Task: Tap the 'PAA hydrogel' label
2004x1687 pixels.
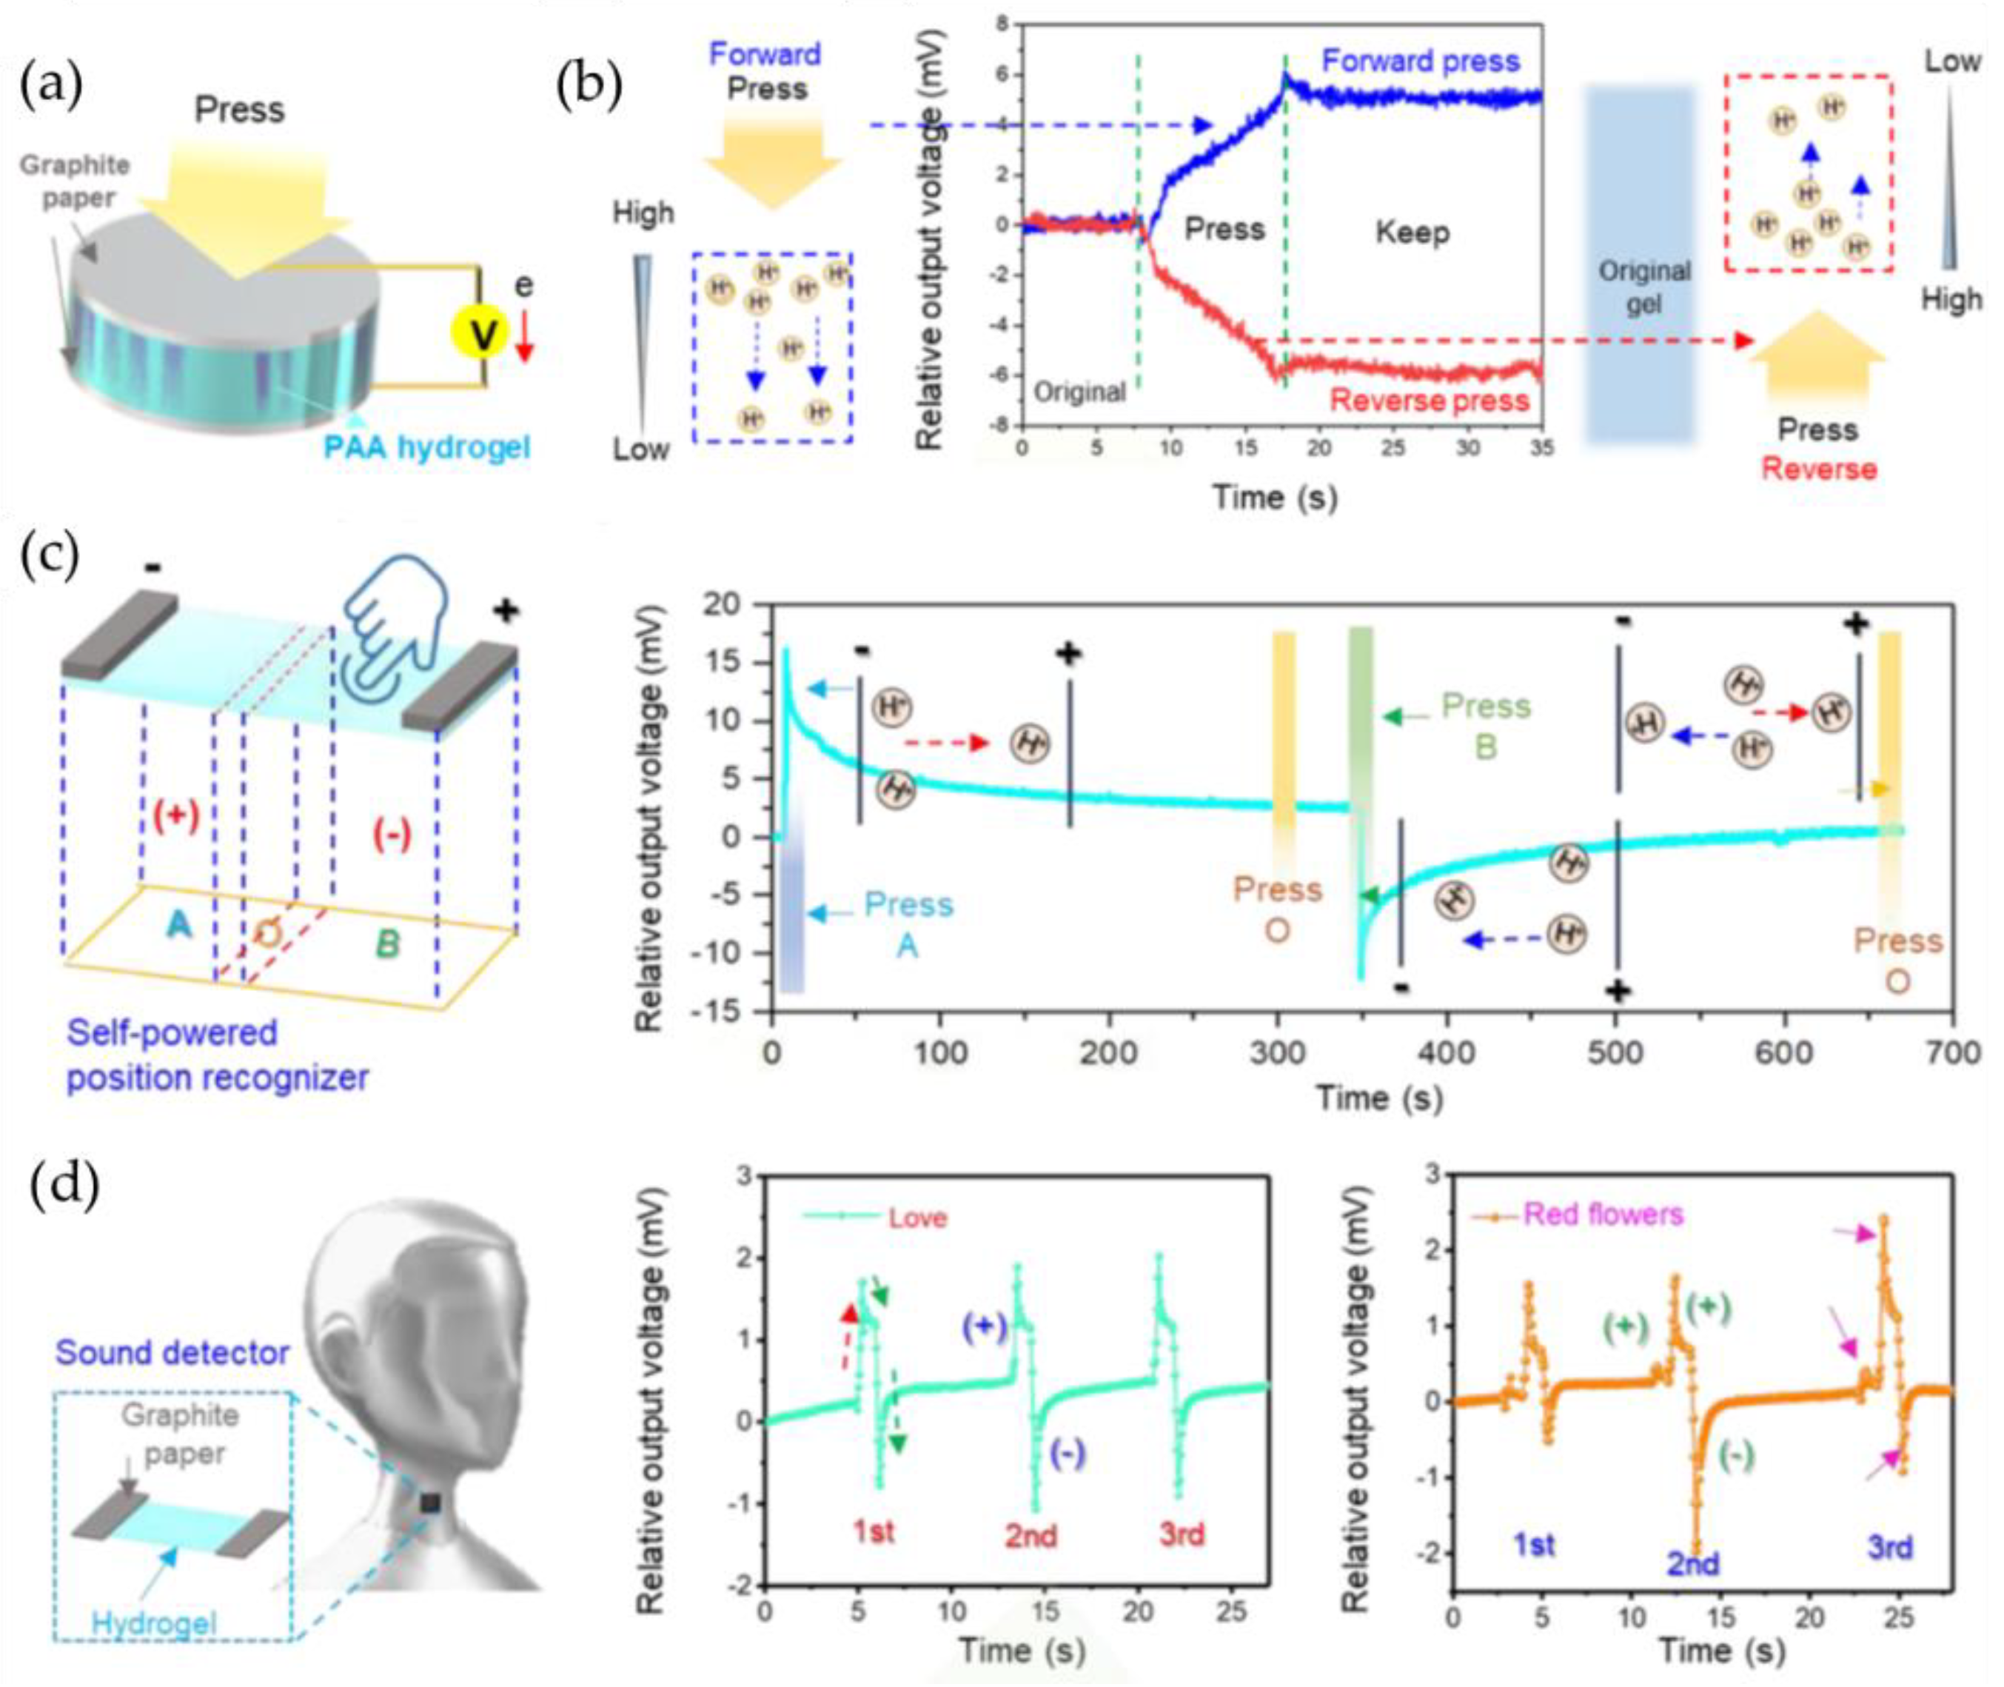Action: click(426, 447)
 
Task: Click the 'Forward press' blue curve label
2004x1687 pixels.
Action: click(1420, 61)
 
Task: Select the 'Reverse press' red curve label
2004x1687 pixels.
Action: click(1430, 400)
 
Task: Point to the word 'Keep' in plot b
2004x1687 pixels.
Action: click(1412, 232)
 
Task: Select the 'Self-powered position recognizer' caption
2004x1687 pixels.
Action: click(216, 1056)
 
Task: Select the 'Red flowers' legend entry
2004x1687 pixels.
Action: click(1603, 1215)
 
